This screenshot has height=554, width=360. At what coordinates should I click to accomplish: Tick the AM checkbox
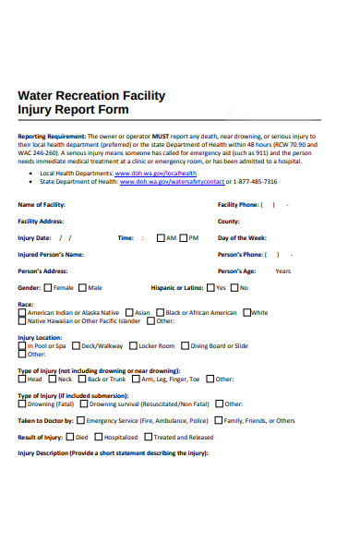(162, 237)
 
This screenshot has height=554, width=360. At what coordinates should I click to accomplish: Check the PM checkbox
(185, 237)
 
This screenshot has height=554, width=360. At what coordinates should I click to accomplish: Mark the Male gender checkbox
(83, 287)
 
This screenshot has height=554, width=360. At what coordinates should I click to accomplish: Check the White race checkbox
(245, 312)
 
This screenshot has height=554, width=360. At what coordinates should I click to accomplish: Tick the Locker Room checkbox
(132, 345)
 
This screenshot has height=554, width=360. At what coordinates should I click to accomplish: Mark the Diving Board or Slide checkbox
(185, 345)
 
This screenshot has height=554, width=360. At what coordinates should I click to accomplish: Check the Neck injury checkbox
(53, 379)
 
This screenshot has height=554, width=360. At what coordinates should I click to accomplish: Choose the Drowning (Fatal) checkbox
(23, 403)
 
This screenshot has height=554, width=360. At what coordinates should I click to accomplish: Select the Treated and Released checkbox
(148, 437)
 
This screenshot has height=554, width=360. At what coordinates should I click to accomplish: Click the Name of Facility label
(42, 204)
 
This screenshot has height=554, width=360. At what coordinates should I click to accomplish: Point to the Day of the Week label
(242, 237)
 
